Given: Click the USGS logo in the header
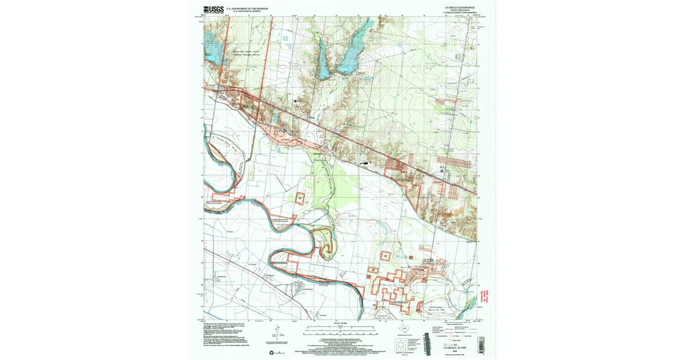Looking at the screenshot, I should click(213, 9).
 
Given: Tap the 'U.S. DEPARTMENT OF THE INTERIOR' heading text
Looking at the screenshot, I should click(246, 8).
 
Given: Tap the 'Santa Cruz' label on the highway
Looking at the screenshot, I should click(312, 119).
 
